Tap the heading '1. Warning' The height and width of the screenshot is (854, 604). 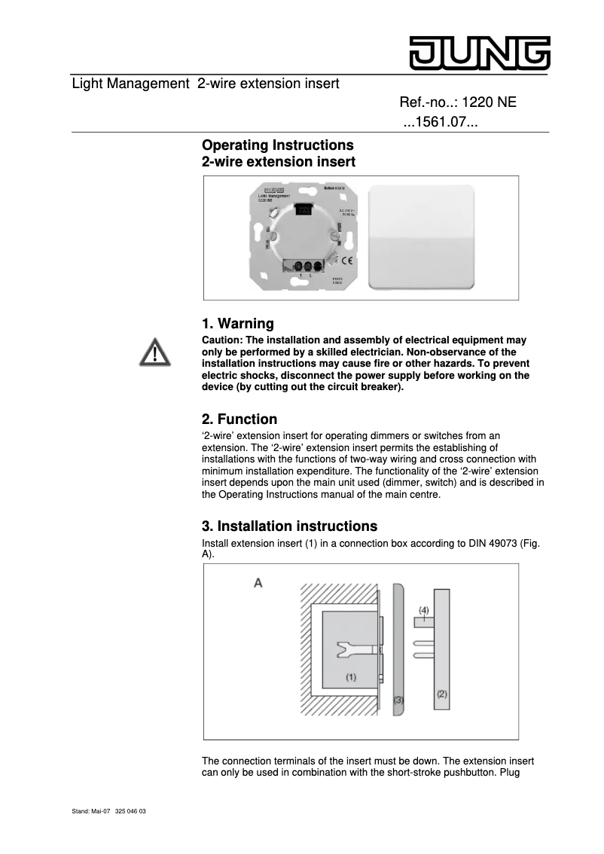click(238, 324)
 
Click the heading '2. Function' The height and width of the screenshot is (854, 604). click(239, 419)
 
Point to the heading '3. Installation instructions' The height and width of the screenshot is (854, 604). click(290, 526)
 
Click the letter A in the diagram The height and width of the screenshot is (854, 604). click(258, 583)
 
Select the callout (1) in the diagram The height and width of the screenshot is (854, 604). click(351, 677)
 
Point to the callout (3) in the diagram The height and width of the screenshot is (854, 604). click(398, 700)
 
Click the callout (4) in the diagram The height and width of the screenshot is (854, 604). click(424, 609)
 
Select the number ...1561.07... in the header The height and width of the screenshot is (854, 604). click(441, 122)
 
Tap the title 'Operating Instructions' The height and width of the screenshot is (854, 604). click(278, 145)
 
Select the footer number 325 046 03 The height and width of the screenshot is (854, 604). click(131, 812)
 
